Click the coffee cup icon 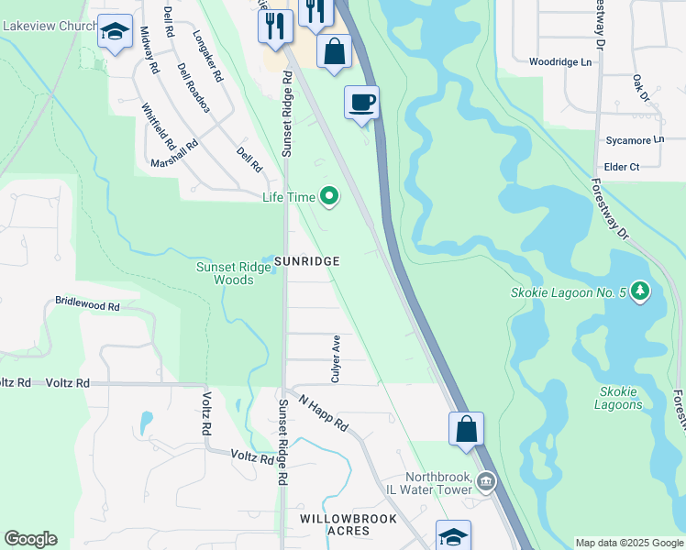[361, 101]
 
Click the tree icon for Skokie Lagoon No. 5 [640, 292]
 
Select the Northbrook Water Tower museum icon [486, 480]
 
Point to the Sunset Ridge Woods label [227, 274]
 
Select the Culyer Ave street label [337, 358]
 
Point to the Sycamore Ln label [634, 140]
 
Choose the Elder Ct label [621, 167]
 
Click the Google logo [30, 539]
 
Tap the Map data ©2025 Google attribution [628, 543]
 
